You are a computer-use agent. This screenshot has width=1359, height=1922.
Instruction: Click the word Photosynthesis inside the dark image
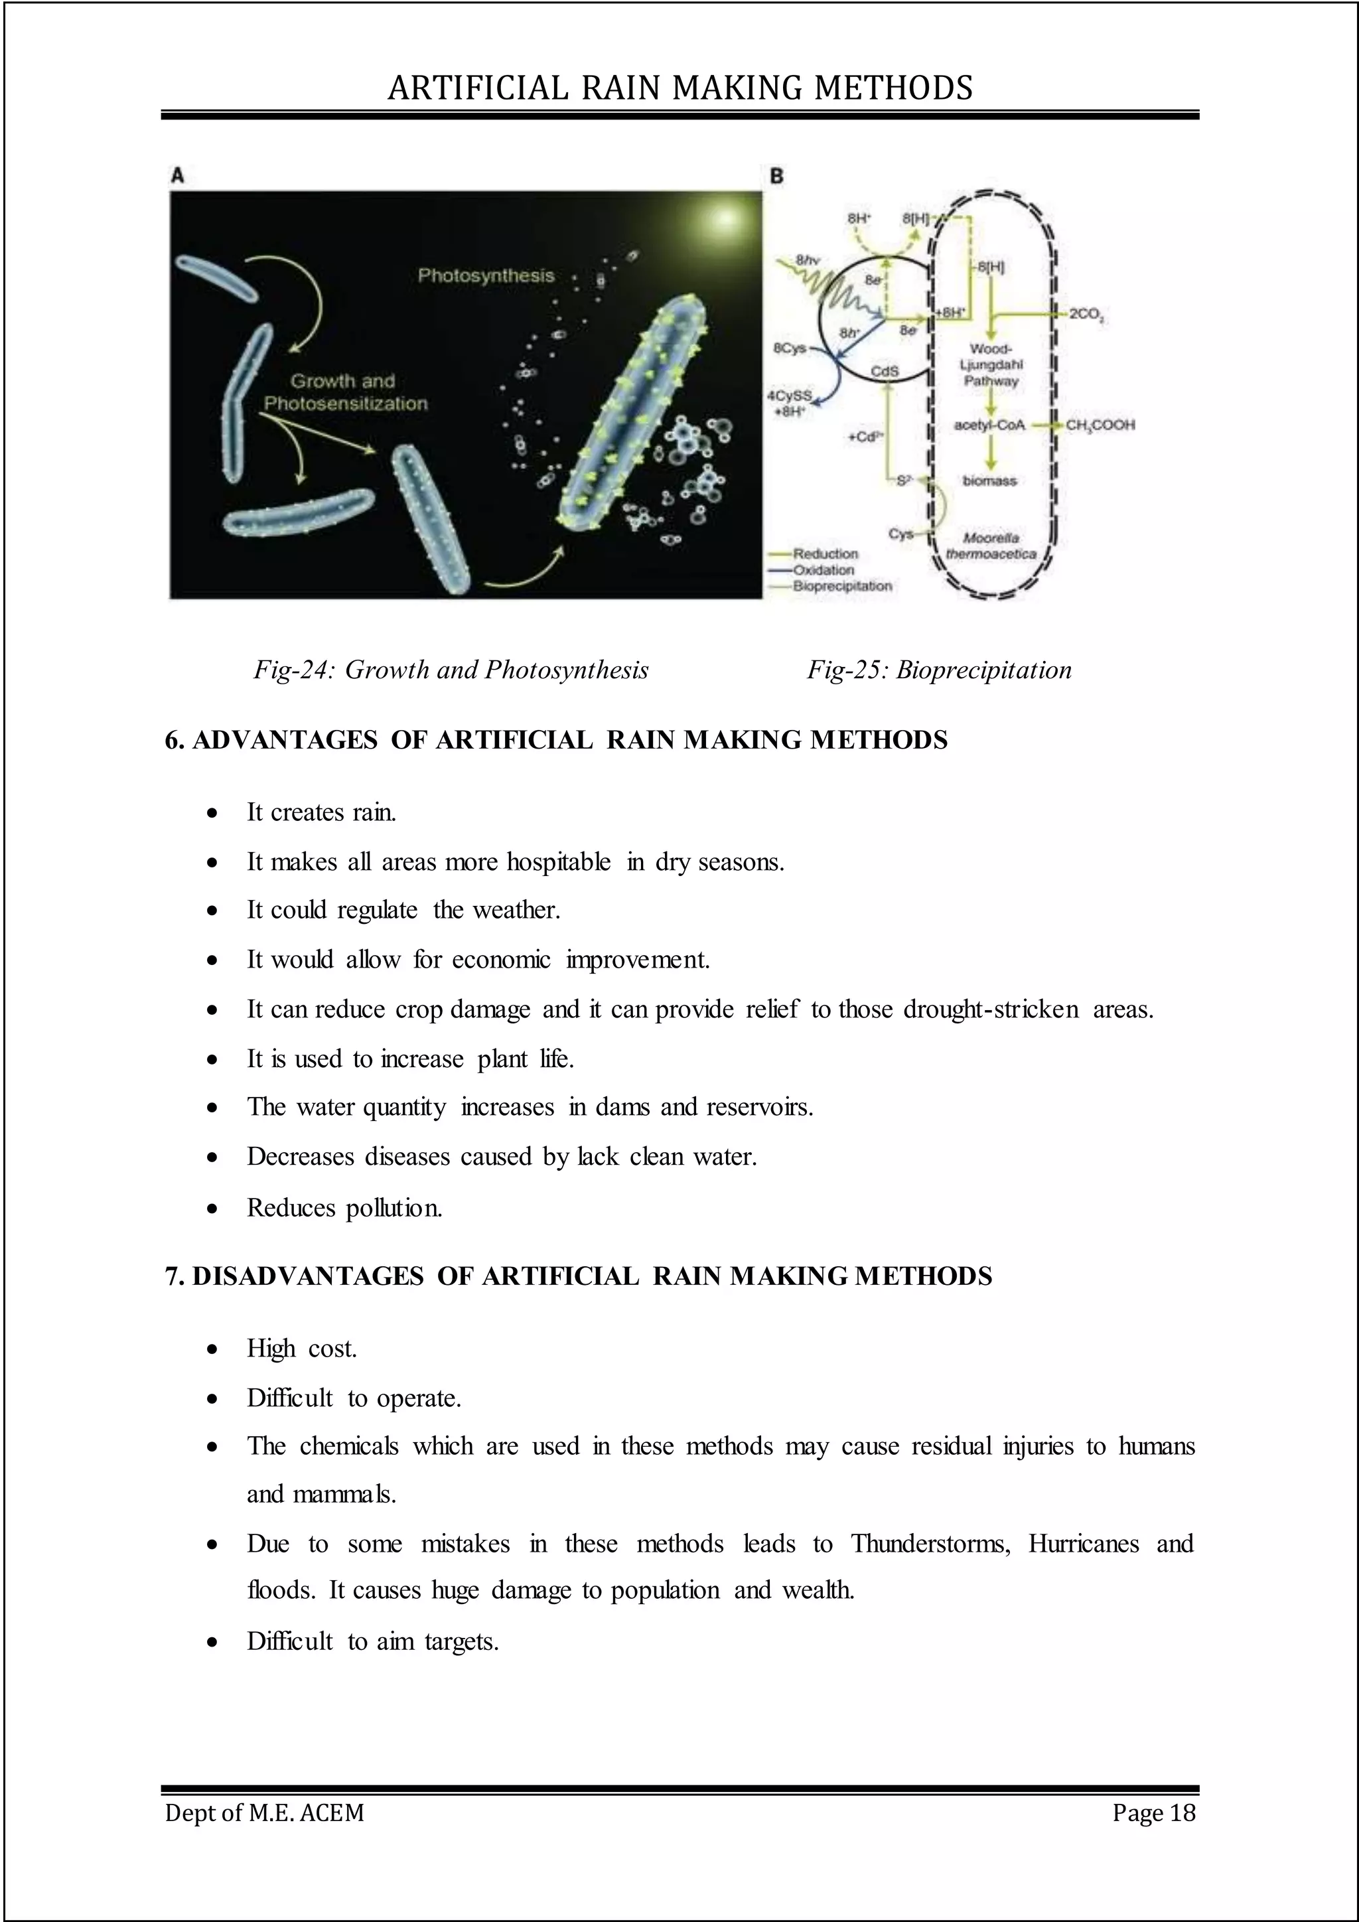[x=485, y=275]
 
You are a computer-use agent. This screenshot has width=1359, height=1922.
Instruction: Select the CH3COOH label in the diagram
[x=1100, y=425]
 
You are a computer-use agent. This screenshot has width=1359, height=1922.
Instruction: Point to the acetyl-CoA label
[x=989, y=425]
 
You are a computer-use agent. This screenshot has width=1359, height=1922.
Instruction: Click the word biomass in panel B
[x=989, y=481]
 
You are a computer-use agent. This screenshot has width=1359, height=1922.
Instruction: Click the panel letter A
[x=177, y=176]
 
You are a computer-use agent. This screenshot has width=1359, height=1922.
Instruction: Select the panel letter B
[x=776, y=176]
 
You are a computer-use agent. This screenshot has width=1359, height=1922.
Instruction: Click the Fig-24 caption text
[x=451, y=670]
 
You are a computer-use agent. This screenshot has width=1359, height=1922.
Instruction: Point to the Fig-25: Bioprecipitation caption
[x=939, y=670]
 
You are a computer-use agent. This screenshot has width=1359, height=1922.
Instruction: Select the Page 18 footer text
[x=1153, y=1813]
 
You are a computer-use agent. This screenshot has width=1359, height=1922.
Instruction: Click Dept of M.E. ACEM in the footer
[x=265, y=1813]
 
